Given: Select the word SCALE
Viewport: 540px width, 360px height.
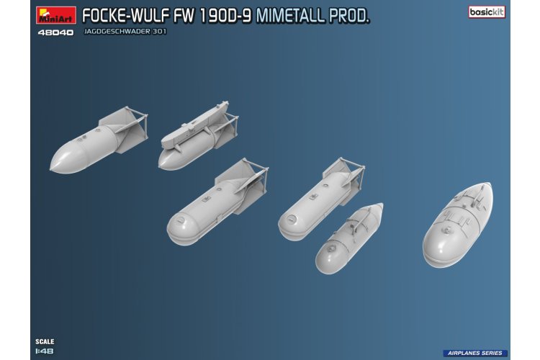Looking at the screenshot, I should [x=45, y=341].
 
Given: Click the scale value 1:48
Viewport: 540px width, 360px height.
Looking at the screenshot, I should [x=45, y=352].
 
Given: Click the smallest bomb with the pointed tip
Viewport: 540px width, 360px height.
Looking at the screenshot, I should [x=348, y=238].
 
